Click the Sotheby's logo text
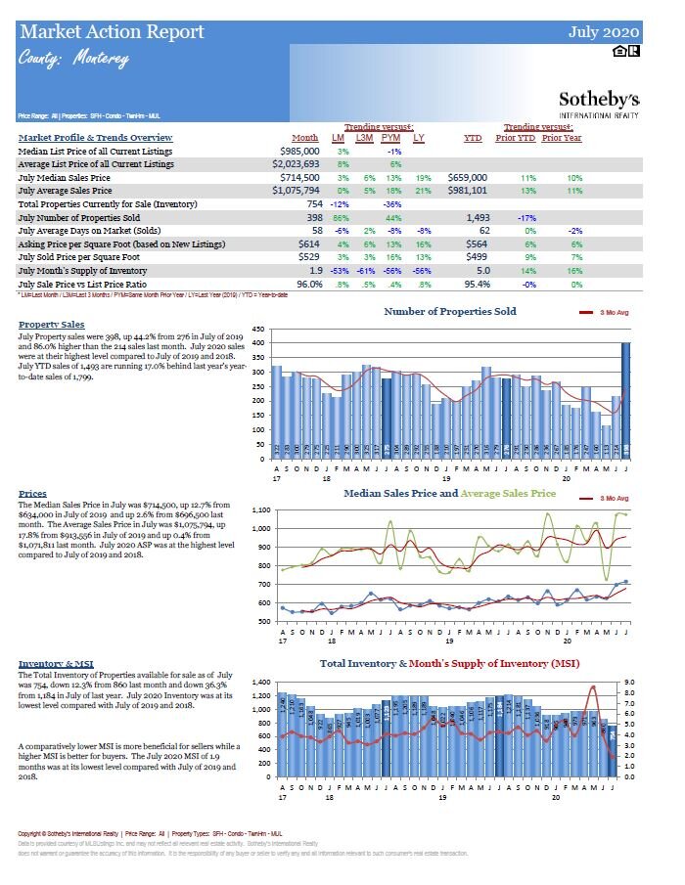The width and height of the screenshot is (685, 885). point(599,100)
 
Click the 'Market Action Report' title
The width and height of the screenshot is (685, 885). point(113,32)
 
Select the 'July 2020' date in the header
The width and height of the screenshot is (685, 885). point(604,32)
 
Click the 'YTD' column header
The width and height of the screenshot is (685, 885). point(472,138)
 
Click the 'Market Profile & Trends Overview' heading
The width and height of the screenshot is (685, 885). point(96,138)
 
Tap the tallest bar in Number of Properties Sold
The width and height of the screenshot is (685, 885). point(625,401)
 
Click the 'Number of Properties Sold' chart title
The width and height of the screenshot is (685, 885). point(450,312)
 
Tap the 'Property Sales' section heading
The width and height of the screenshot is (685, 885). point(51,325)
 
